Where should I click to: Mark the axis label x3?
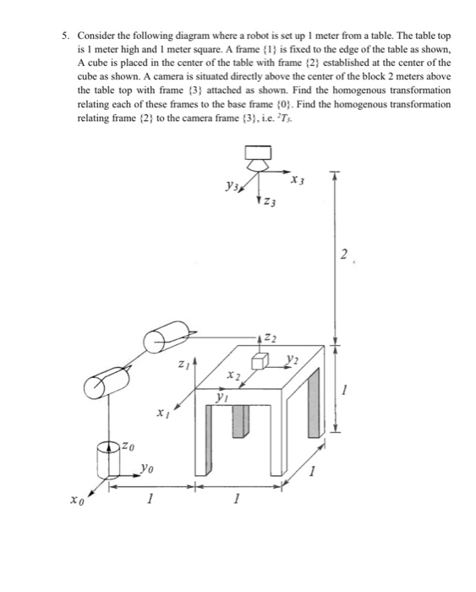(x=295, y=179)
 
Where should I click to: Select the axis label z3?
(x=269, y=203)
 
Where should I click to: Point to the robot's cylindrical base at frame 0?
(x=112, y=459)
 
